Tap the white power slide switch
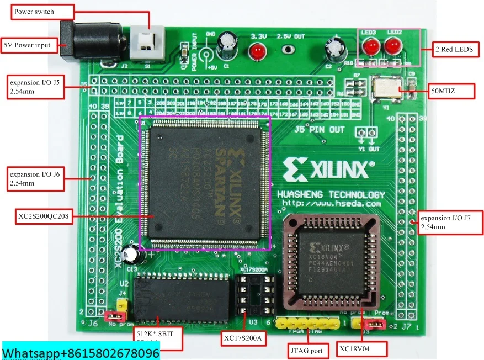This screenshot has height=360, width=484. [148, 42]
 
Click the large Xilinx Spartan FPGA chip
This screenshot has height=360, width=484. [204, 182]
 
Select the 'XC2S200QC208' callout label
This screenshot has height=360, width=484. [43, 216]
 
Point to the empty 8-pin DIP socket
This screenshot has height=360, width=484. [254, 295]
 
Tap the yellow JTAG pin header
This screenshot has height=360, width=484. [307, 322]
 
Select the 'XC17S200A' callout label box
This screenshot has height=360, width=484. [243, 337]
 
